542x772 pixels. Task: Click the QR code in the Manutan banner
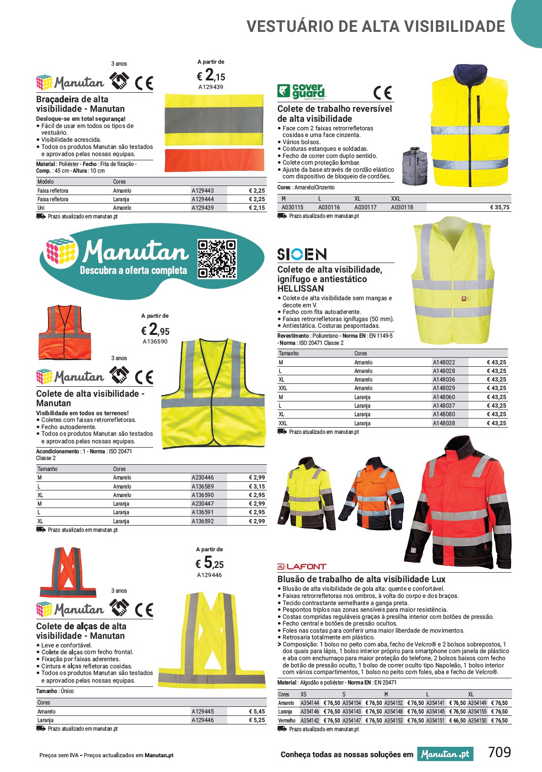(217, 259)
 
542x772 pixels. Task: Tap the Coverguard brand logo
(302, 91)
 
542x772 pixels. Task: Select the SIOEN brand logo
(302, 254)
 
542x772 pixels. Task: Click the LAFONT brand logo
(302, 567)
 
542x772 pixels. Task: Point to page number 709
(499, 752)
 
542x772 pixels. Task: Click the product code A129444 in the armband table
(203, 199)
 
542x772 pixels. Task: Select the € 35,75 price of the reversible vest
(500, 207)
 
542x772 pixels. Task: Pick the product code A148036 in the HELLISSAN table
(443, 380)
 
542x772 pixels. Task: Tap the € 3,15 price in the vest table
(256, 487)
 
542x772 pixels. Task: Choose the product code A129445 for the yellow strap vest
(203, 712)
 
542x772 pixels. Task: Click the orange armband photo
(214, 160)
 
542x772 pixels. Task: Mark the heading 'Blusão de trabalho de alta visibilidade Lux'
(361, 579)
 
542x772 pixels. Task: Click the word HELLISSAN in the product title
(300, 289)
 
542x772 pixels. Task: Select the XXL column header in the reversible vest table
(396, 199)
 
